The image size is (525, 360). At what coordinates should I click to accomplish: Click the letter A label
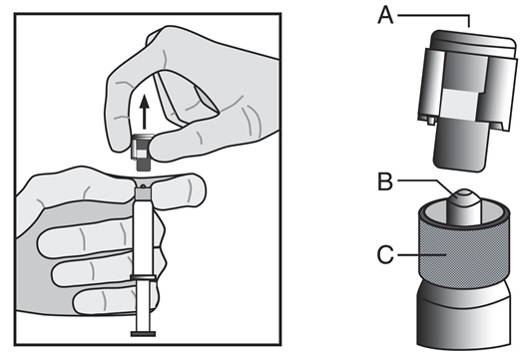(385, 16)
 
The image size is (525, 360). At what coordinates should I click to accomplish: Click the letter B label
(385, 181)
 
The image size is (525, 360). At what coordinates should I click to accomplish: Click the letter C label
(385, 255)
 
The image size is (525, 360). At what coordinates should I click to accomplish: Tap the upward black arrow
(145, 112)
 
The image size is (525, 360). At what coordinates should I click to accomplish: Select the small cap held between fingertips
(142, 152)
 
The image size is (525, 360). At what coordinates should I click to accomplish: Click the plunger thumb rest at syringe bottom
(143, 333)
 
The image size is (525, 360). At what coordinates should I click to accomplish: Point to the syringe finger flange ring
(143, 277)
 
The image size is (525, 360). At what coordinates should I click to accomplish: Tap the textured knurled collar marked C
(464, 254)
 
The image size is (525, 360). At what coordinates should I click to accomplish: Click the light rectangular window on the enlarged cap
(459, 104)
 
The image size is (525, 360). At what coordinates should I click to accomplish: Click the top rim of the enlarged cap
(473, 40)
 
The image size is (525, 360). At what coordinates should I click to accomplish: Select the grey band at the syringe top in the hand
(143, 194)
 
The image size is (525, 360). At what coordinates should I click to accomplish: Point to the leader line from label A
(434, 15)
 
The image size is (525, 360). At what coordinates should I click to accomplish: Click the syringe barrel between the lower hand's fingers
(143, 237)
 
